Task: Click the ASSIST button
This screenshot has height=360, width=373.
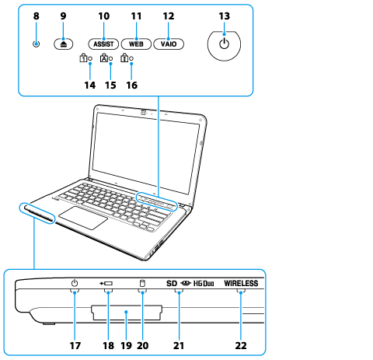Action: pyautogui.click(x=103, y=44)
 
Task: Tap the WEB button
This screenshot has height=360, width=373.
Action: pyautogui.click(x=136, y=44)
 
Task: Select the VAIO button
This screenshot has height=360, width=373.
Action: pyautogui.click(x=169, y=44)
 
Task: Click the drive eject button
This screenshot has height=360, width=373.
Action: pyautogui.click(x=64, y=44)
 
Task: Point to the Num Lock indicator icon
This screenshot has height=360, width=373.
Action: pyautogui.click(x=83, y=58)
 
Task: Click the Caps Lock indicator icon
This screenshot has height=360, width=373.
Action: pyautogui.click(x=103, y=58)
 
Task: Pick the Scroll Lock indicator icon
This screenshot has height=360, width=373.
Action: pyautogui.click(x=124, y=58)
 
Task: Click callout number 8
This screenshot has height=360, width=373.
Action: pyautogui.click(x=37, y=16)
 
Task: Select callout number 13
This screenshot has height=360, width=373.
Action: pyautogui.click(x=224, y=16)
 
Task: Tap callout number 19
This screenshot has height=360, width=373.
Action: pyautogui.click(x=127, y=345)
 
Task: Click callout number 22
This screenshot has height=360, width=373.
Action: pyautogui.click(x=241, y=345)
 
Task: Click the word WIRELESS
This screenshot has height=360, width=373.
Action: pyautogui.click(x=241, y=283)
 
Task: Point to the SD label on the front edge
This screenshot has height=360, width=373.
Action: pyautogui.click(x=172, y=284)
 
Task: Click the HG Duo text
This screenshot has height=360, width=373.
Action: pyautogui.click(x=204, y=284)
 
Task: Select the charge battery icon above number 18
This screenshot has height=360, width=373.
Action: pyautogui.click(x=106, y=284)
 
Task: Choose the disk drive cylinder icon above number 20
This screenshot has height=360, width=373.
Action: pyautogui.click(x=142, y=283)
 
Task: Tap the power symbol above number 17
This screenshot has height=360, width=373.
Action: pyautogui.click(x=75, y=283)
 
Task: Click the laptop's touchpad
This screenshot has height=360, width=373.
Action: pyautogui.click(x=83, y=218)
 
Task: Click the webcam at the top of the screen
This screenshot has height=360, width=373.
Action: pyautogui.click(x=144, y=112)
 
